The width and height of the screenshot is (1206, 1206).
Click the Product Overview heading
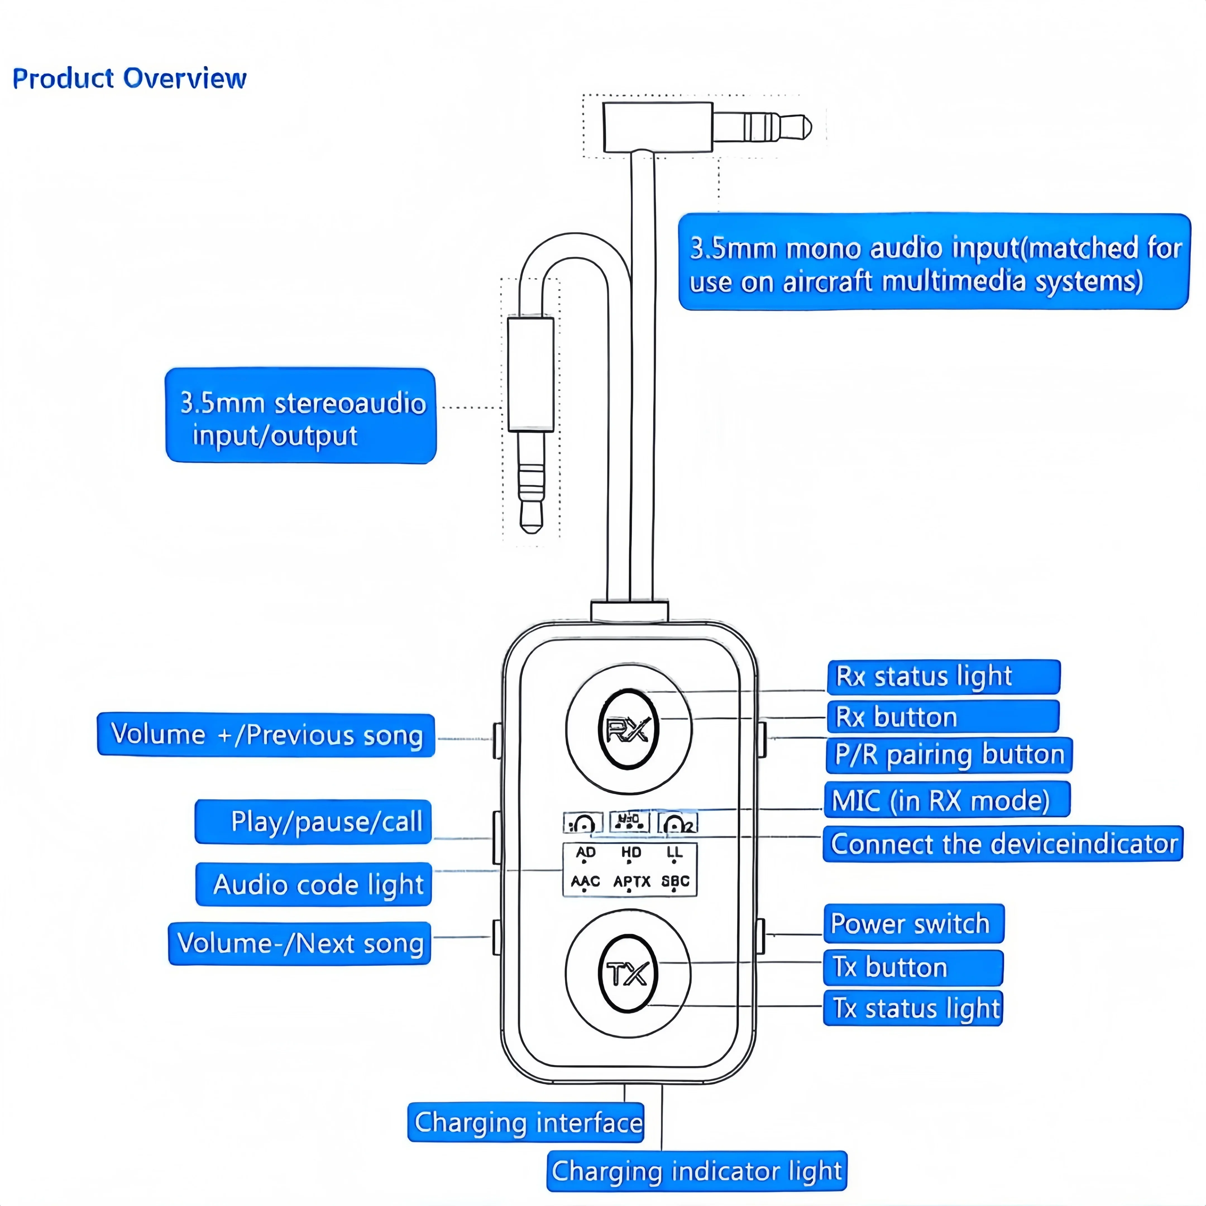129,79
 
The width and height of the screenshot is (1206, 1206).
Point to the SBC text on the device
675,881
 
